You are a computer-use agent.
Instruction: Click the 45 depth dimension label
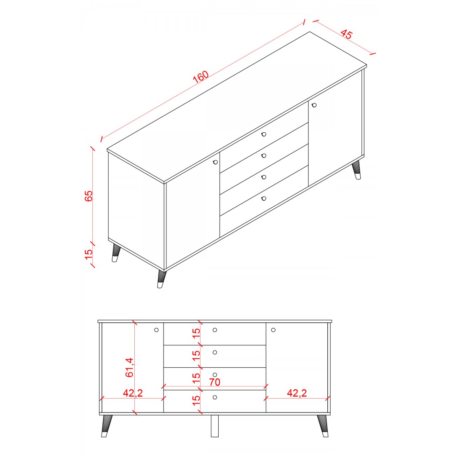pos(346,34)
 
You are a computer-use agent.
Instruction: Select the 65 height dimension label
pos(88,196)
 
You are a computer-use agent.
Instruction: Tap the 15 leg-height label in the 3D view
pos(88,254)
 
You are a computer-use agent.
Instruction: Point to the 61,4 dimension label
pos(129,367)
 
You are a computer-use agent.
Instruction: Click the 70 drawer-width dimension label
pos(214,382)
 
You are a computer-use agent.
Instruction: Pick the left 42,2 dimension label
pos(133,393)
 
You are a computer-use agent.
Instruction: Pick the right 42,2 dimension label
pos(297,393)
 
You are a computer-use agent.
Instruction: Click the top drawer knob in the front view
pos(215,330)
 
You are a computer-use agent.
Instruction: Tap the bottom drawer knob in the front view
pos(215,397)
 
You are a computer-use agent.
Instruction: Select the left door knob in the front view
pos(156,330)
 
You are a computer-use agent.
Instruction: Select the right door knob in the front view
pos(273,330)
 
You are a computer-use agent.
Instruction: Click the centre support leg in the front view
pos(215,426)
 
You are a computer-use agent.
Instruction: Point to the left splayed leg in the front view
pos(107,426)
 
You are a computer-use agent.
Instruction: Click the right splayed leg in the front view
pos(323,426)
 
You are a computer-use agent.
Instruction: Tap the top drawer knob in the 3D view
pos(264,134)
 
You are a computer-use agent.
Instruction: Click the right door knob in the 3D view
pos(314,105)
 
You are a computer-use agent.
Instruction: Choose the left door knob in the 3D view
pos(215,162)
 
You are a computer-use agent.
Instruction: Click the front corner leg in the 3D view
pos(161,279)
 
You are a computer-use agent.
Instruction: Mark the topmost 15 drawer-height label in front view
pos(196,333)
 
